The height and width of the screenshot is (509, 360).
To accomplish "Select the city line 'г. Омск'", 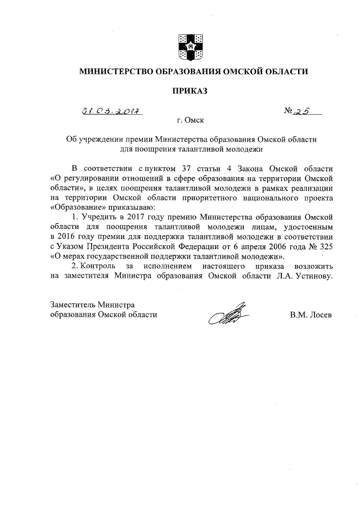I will pyautogui.click(x=189, y=120).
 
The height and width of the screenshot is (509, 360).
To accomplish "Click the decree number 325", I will pyautogui.click(x=321, y=247).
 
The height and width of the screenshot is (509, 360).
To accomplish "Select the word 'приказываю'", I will pyautogui.click(x=124, y=208).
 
